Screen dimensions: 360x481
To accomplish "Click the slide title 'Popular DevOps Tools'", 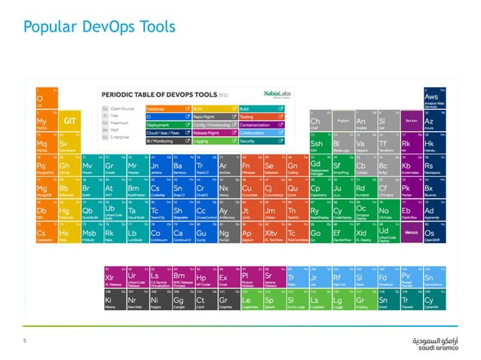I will coord(101,28).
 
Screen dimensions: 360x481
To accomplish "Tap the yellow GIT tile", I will coord(69,121).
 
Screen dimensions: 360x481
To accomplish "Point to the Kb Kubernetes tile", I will coord(411,165).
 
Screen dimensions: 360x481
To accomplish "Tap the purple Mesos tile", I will coord(411,233).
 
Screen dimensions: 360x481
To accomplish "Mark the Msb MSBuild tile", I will coord(91,233).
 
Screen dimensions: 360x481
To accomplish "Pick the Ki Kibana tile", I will coord(114,300).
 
